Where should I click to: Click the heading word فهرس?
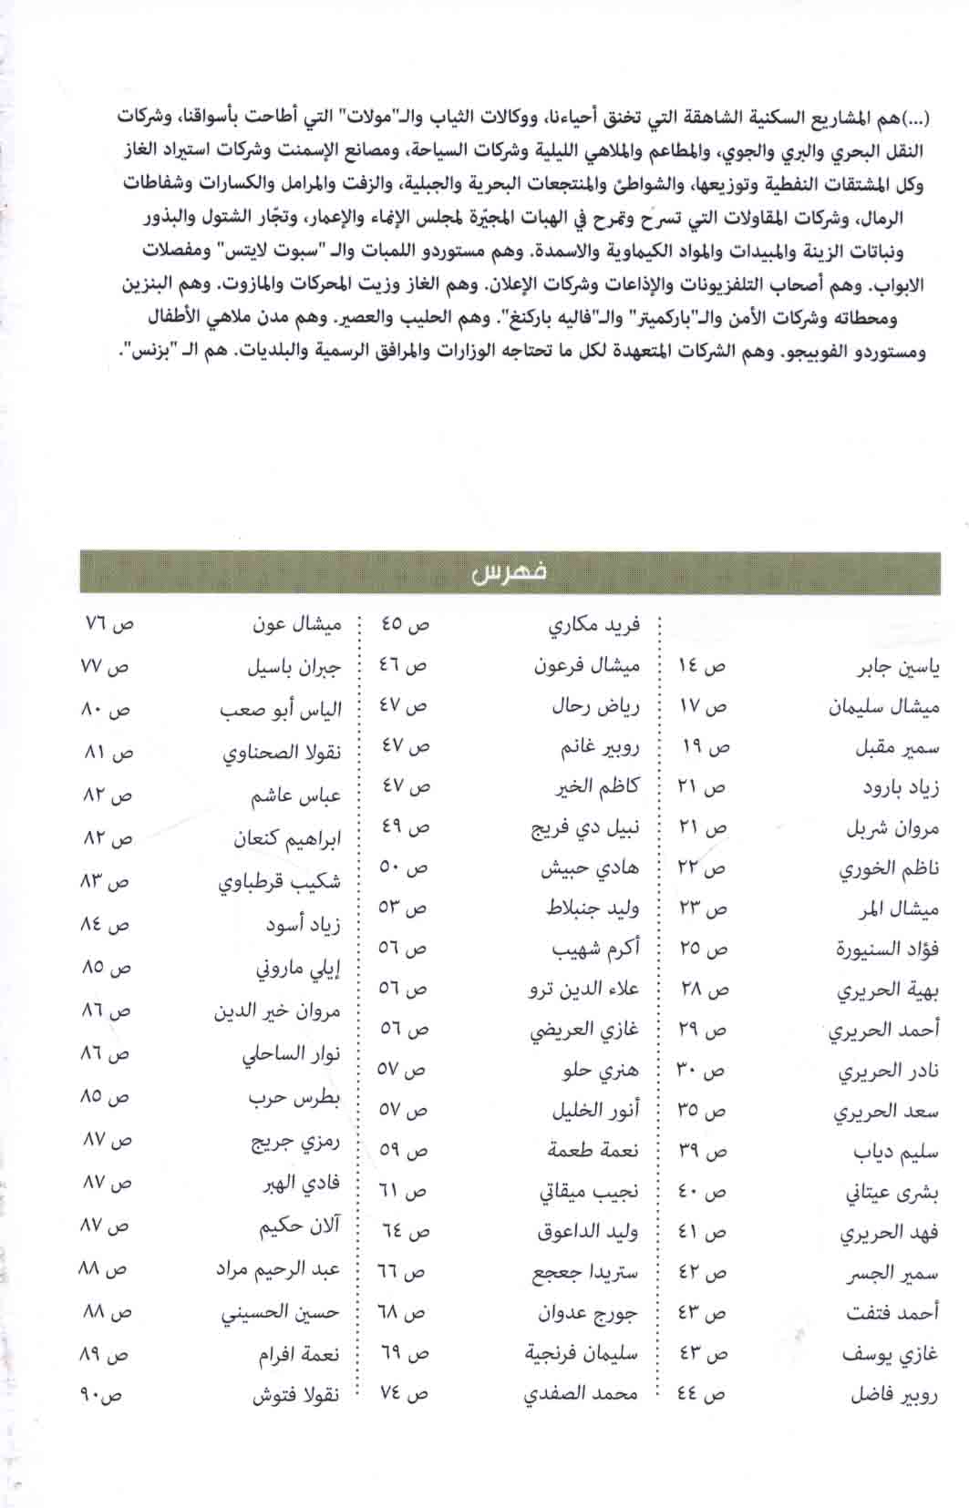[509, 572]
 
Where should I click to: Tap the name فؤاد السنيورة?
[886, 949]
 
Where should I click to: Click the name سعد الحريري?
[885, 1112]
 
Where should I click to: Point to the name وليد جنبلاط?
[593, 908]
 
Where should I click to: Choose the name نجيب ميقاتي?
[589, 1191]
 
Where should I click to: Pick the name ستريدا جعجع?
[584, 1273]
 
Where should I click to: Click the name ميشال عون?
[296, 625]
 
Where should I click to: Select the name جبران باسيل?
[294, 668]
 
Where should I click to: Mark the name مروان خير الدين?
[276, 1011]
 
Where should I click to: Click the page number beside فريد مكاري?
[405, 624]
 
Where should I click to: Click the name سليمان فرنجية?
[581, 1354]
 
